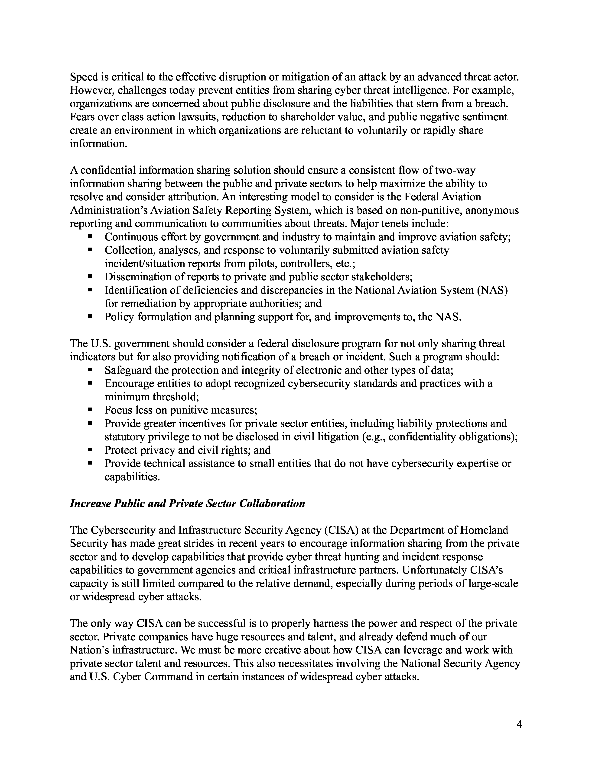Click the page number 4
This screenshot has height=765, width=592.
(519, 724)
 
